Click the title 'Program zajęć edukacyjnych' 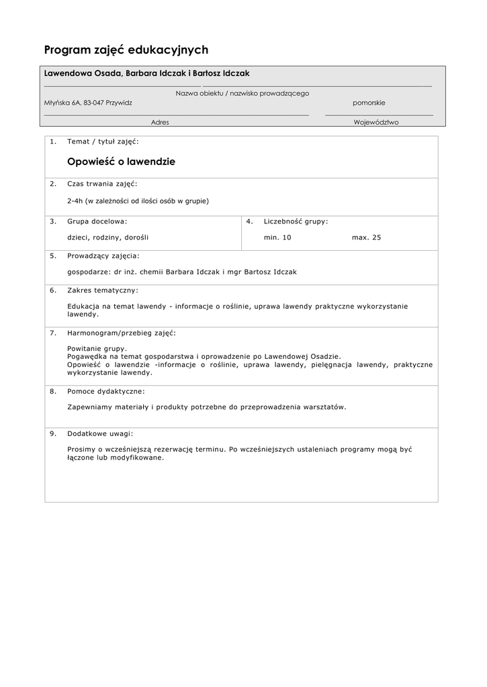126,50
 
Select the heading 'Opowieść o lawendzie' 121,162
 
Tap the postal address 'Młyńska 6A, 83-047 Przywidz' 88,103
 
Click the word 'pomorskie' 369,103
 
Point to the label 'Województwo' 376,123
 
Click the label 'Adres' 160,123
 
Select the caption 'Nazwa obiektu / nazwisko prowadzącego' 242,93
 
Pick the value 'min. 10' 277,237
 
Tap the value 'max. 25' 366,237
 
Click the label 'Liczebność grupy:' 296,221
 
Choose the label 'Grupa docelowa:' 97,221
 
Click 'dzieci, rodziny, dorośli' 107,237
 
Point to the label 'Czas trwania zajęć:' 102,183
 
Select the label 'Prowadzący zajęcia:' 103,256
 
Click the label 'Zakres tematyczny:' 103,290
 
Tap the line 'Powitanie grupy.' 97,349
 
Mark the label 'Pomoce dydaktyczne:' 105,390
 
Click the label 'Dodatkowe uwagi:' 100,433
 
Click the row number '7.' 53,333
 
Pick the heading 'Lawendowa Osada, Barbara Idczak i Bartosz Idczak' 146,73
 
